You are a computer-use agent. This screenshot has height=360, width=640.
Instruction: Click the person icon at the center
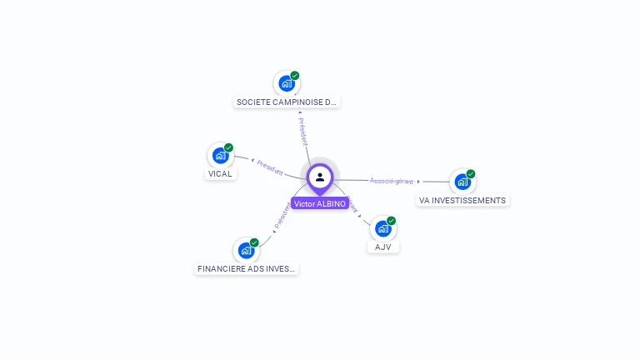coord(320,177)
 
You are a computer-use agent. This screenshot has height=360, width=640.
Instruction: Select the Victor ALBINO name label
coord(320,203)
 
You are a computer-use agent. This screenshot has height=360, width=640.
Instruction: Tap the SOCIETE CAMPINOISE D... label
coord(287,102)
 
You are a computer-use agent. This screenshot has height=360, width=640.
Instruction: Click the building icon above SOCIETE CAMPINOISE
coord(286,83)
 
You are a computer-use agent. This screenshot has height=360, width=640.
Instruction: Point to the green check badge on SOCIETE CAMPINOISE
coord(295,76)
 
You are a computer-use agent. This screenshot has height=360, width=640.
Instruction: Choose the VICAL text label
coord(220,174)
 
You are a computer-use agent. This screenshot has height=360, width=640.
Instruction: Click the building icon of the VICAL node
coord(220,155)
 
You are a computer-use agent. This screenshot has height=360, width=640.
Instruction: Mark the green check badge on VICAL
coord(229,147)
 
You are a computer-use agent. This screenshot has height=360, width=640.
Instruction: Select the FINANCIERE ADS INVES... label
coord(246,269)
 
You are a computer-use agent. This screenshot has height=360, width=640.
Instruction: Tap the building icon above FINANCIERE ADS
coord(245,250)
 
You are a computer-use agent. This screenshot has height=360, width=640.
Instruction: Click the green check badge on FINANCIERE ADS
coord(254,242)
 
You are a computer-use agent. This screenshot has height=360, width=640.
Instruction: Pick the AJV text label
coord(383,247)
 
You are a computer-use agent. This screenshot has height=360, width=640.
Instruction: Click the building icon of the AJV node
coord(382,228)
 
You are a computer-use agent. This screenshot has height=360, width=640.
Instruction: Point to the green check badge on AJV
coord(392,221)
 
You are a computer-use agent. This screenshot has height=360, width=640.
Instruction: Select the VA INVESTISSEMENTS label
coord(462,201)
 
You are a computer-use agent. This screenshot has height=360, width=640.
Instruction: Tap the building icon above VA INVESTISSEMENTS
coord(462,182)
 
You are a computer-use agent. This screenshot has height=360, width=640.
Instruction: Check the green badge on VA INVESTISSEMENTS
coord(471,174)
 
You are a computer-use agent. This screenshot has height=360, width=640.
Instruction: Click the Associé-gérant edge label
coord(392,181)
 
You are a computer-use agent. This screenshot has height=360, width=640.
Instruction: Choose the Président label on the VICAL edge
coord(270,167)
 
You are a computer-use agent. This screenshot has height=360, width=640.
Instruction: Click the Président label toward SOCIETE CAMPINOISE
coord(303,131)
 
